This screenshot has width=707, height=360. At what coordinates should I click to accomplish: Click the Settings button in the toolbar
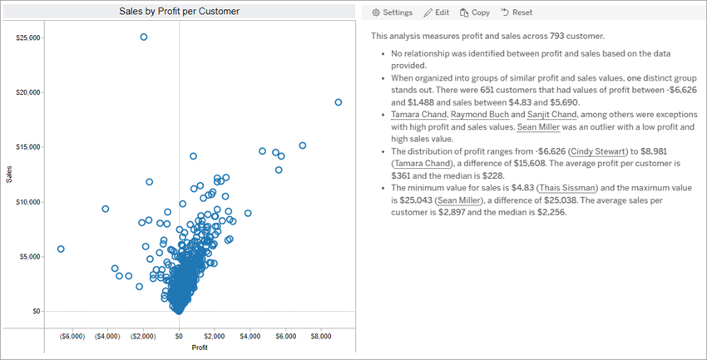[x=392, y=12]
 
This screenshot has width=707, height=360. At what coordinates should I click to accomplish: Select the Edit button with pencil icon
[x=437, y=12]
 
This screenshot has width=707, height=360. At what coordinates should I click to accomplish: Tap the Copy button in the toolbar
[x=474, y=12]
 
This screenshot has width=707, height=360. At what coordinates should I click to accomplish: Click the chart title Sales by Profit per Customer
[x=179, y=11]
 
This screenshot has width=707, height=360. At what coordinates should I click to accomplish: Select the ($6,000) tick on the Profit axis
[x=72, y=337]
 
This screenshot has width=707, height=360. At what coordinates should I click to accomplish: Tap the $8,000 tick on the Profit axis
[x=320, y=337]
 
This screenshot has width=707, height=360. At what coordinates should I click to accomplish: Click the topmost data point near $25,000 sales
[x=144, y=37]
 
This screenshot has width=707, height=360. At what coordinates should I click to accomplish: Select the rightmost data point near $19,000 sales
[x=339, y=102]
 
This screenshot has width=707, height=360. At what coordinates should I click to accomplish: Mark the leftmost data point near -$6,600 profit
[x=61, y=249]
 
